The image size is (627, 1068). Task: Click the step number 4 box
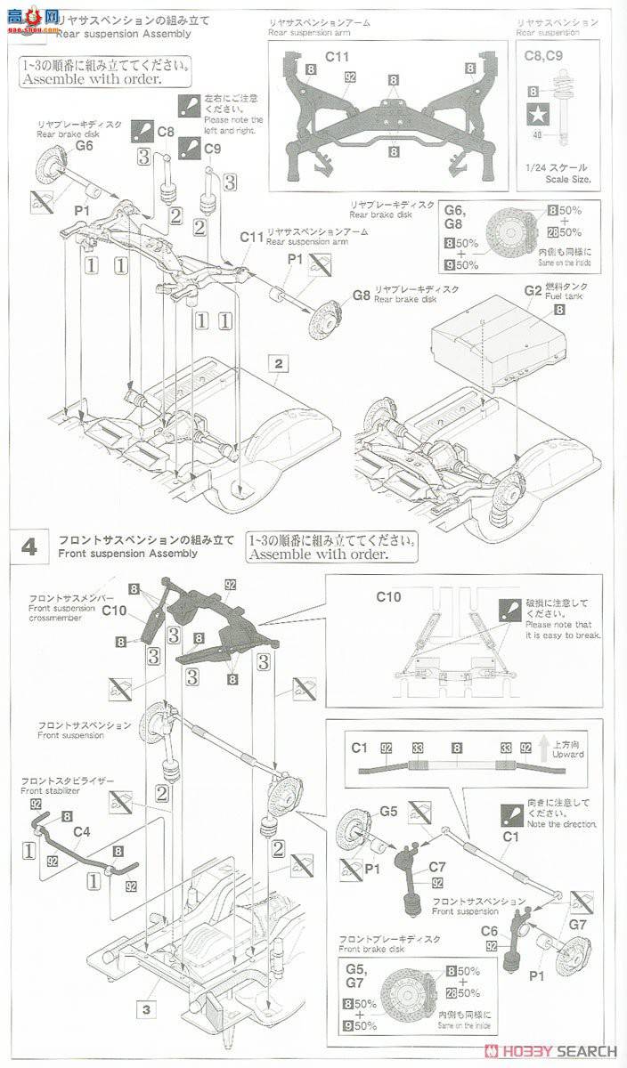(28, 547)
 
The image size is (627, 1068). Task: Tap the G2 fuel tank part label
(533, 290)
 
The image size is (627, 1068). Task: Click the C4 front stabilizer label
(81, 832)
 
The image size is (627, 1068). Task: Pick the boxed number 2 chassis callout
(279, 364)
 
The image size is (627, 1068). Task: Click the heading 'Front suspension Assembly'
(124, 553)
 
